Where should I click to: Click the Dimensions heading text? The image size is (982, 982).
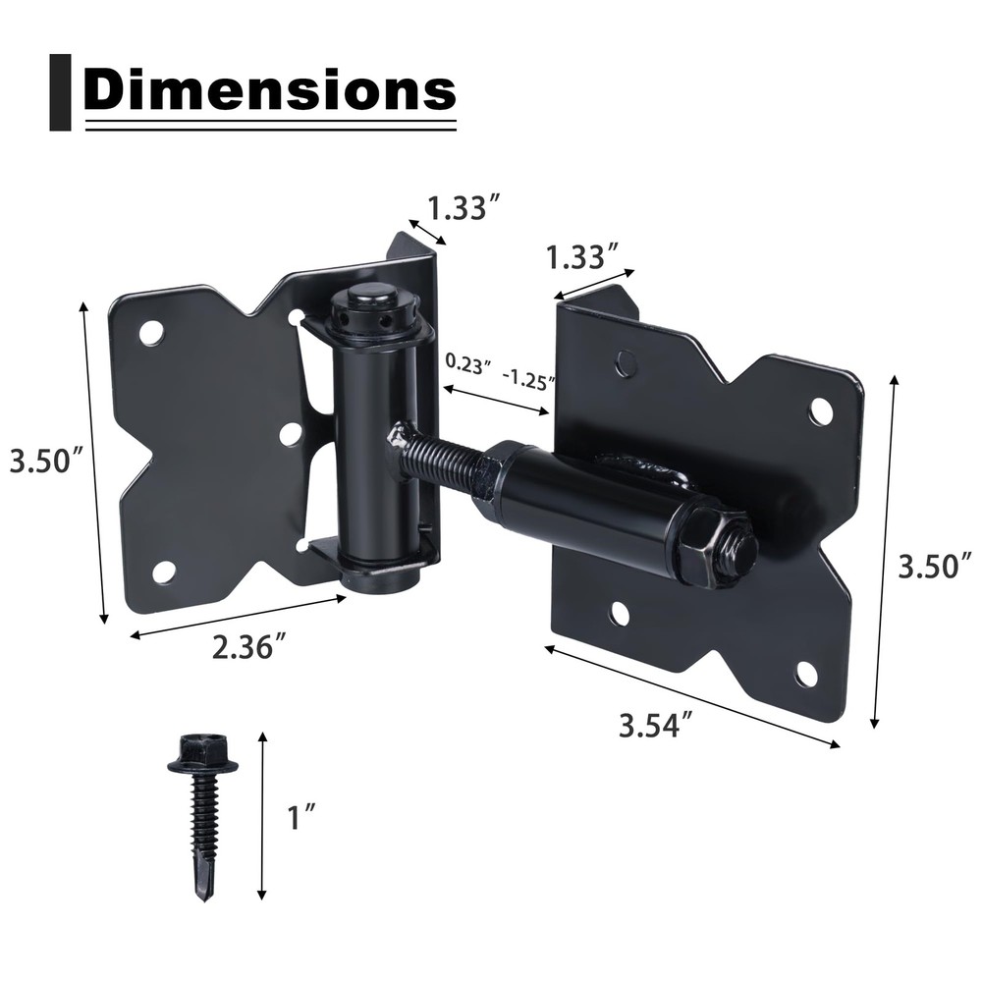[269, 90]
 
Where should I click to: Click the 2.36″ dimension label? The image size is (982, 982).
[249, 647]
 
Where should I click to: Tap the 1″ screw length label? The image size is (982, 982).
[303, 817]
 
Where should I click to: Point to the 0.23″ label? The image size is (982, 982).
[467, 362]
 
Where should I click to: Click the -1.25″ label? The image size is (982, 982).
[528, 376]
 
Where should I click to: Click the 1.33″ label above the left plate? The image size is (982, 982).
[465, 208]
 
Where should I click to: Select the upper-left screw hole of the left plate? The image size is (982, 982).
[151, 333]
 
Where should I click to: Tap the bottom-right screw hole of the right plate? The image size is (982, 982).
[806, 674]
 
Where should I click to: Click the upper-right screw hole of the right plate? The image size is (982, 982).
[821, 409]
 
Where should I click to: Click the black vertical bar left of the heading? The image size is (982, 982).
[60, 92]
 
